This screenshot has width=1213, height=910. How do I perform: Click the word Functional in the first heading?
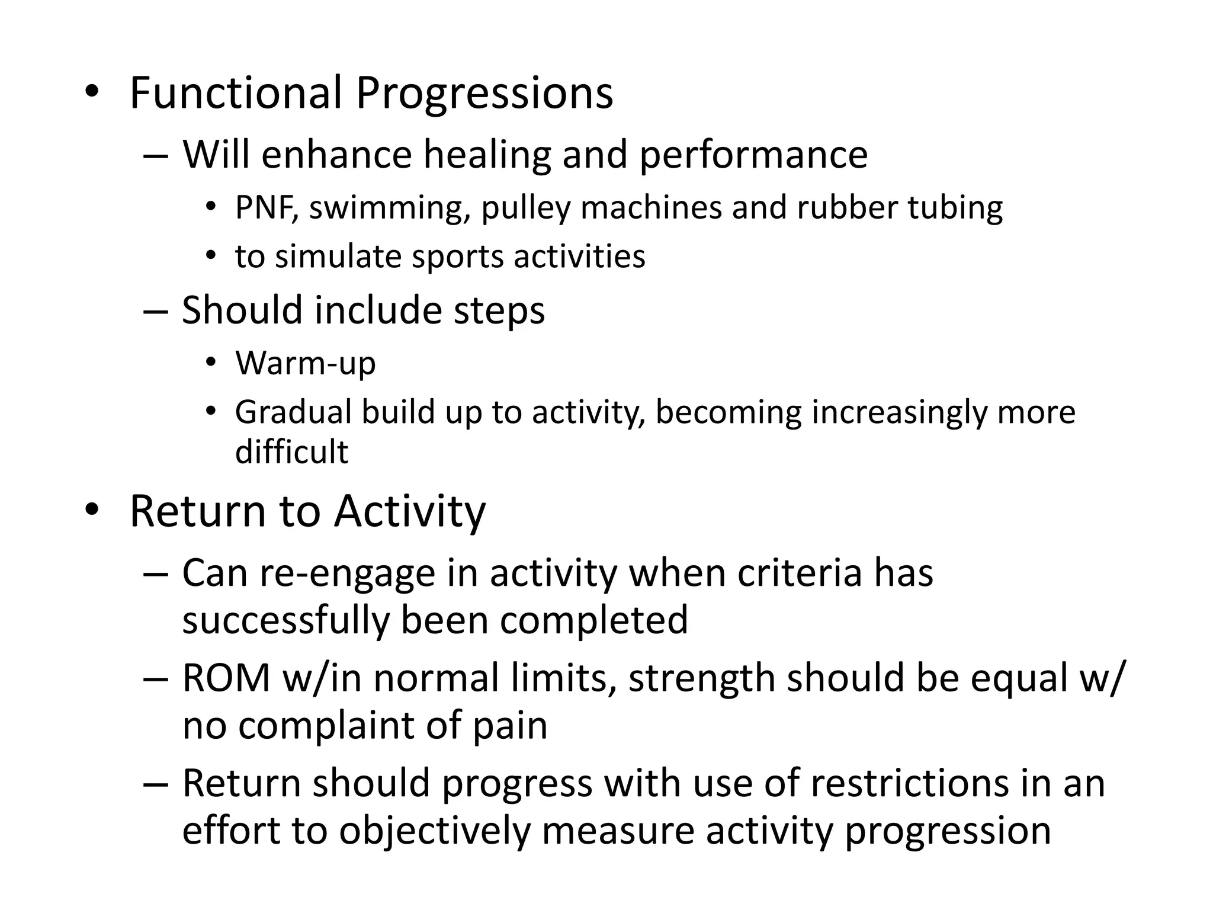tap(236, 93)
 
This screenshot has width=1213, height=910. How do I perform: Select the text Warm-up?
tap(305, 363)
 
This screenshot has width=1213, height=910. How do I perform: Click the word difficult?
tap(291, 452)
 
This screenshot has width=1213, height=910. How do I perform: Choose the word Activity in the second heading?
tap(409, 511)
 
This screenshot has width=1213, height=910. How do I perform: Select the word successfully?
tap(285, 620)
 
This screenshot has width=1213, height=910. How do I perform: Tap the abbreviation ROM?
tap(226, 678)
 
